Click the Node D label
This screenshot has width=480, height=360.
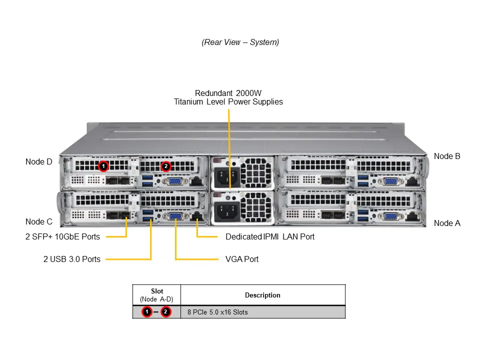click(x=38, y=161)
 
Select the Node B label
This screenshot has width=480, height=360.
click(x=447, y=156)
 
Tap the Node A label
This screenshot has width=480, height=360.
click(x=447, y=223)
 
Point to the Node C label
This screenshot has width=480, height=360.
click(x=38, y=221)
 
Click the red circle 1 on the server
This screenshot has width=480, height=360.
click(x=103, y=165)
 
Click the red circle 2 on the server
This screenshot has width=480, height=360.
click(x=166, y=165)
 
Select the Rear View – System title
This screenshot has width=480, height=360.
click(x=240, y=42)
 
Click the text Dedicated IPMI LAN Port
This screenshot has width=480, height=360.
click(x=270, y=236)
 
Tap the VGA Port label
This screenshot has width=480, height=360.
click(x=242, y=259)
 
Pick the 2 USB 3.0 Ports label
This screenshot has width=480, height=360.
click(x=71, y=259)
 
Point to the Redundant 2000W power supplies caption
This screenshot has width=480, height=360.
click(x=228, y=97)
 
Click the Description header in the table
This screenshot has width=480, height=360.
click(x=262, y=295)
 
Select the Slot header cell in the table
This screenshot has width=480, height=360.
click(x=156, y=295)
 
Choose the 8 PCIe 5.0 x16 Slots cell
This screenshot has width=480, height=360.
click(x=217, y=312)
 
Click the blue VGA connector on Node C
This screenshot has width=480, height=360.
click(x=175, y=216)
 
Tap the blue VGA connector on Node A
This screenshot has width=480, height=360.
click(x=390, y=216)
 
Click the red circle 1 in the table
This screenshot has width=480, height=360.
click(x=147, y=312)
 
